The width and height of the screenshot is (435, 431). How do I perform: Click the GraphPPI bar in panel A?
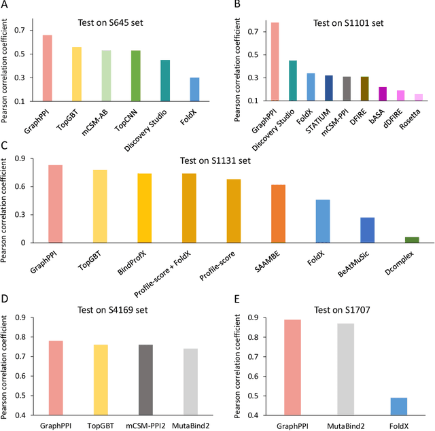click(x=48, y=68)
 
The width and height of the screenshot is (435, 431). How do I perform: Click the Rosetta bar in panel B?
click(x=419, y=98)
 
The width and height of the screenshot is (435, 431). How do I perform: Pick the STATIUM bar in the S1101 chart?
click(x=329, y=88)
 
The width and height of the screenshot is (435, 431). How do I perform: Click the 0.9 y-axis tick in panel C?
click(x=38, y=160)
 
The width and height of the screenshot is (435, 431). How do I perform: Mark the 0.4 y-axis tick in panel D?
click(x=38, y=415)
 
